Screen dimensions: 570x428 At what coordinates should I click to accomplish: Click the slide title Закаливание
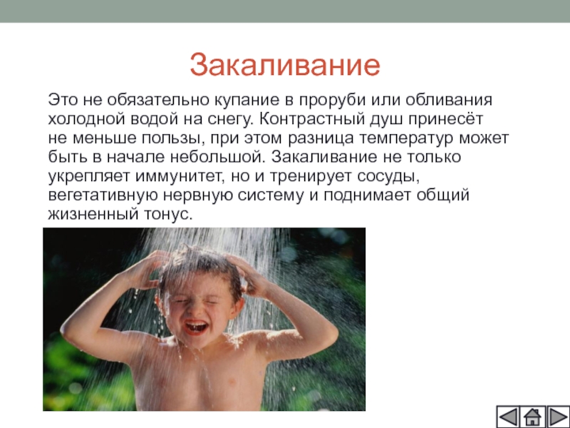(285, 66)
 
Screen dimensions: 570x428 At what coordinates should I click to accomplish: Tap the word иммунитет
(180, 176)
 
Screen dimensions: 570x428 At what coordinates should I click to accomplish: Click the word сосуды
(388, 177)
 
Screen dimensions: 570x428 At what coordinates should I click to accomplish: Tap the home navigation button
(532, 417)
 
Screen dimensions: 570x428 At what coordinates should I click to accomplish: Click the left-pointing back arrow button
(508, 417)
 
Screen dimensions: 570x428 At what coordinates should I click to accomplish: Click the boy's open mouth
(196, 327)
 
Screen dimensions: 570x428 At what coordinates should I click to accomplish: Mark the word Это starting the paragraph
(63, 100)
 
